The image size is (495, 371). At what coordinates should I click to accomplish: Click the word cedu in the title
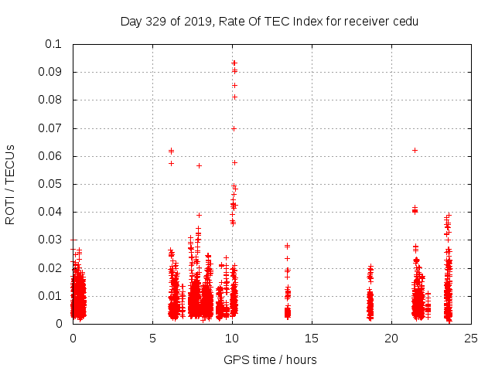406,22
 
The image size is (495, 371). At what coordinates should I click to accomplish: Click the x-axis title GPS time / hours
270,359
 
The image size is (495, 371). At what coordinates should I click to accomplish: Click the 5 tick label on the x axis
153,338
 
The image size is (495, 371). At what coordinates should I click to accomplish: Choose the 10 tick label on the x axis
232,338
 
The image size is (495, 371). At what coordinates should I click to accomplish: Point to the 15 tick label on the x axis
312,338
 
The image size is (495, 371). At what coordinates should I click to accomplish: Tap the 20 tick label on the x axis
391,338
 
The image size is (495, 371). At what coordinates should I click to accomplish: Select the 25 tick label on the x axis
471,338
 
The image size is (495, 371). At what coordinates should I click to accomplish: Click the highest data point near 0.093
234,63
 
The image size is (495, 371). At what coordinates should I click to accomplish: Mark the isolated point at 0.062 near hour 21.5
415,150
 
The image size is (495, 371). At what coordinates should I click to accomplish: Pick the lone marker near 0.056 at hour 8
199,165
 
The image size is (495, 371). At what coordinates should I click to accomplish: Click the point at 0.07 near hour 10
234,128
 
